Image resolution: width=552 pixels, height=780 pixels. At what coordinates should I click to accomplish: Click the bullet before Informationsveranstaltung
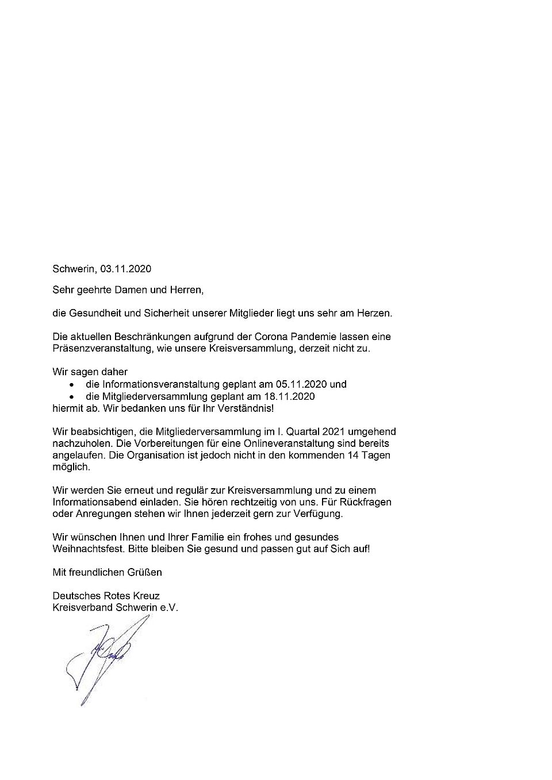point(71,385)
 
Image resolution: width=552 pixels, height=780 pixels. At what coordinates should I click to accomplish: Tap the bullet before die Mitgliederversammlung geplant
point(71,397)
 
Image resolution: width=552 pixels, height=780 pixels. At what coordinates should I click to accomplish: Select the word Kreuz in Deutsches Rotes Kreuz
point(147,596)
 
